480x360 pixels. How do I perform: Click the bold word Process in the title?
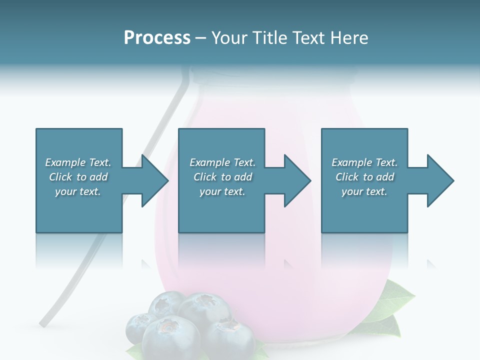coord(157,37)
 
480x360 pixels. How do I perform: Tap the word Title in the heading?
coord(270,37)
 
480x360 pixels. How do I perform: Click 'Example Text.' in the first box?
coord(78,162)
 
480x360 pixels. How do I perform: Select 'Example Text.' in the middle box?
coord(222,162)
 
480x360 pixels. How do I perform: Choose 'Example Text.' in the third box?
coord(364,162)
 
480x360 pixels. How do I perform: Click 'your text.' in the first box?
coord(78,191)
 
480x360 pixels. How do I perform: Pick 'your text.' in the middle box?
coord(222,191)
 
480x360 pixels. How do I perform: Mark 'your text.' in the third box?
coord(364,191)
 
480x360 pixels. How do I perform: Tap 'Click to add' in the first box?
coord(78,177)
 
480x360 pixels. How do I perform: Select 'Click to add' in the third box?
coord(364,177)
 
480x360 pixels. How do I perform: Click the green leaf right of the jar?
coord(395,300)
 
